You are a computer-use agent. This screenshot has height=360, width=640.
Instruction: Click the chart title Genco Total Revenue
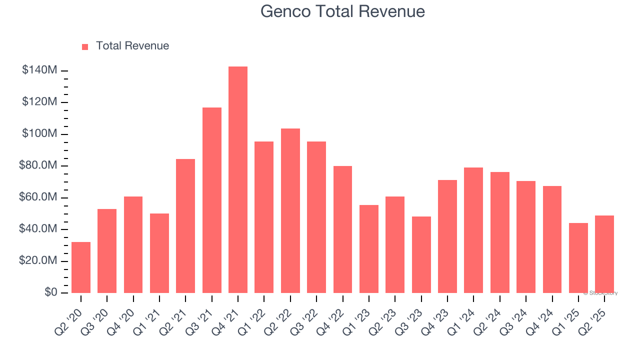[x=342, y=11]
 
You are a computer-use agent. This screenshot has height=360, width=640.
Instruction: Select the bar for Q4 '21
[x=238, y=180]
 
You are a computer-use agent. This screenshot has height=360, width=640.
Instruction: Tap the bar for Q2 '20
[x=81, y=267]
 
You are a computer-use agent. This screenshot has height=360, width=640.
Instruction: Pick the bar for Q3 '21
[x=212, y=200]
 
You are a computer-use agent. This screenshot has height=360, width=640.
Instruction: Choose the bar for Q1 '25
[x=578, y=258]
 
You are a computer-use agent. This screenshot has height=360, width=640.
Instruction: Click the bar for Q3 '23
[x=421, y=254]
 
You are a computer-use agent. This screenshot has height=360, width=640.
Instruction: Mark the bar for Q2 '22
[x=290, y=210]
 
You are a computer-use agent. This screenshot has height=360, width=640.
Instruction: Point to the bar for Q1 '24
[x=473, y=230]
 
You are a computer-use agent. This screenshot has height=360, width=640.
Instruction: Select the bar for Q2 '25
[x=604, y=254]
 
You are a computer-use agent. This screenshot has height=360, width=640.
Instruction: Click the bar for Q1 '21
[x=159, y=253]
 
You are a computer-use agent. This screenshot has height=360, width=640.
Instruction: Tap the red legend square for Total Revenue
[x=85, y=46]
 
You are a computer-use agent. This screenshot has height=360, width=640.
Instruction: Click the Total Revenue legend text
[x=132, y=46]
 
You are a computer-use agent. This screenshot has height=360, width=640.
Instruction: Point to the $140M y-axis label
[x=39, y=70]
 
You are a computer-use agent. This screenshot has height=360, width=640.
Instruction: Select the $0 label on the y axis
[x=50, y=292]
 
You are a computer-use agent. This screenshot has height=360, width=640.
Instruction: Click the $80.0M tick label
[x=39, y=165]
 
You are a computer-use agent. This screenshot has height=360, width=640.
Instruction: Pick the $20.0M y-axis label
[x=39, y=261]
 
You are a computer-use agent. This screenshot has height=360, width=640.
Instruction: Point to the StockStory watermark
[x=600, y=293]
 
